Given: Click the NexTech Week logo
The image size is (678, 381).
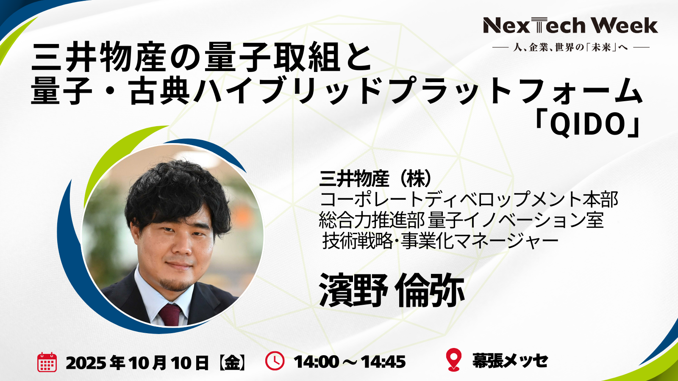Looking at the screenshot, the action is coord(570,25).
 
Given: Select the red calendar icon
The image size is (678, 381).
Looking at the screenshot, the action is coord(47,362).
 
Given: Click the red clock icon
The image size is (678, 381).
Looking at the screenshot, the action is coord(275,361).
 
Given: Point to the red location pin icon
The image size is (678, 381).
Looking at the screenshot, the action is coord(454,359).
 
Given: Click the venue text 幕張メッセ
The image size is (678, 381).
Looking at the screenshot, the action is coord(510,361).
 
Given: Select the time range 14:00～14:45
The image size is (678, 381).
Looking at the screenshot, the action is coord(350,362).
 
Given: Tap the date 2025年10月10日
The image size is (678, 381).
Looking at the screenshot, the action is coord(137,362).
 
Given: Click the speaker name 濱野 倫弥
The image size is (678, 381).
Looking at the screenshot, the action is coord(392,290).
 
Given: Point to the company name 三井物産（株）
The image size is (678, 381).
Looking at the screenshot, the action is coord(375,179).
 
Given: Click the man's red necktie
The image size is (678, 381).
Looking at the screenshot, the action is coord(170,315).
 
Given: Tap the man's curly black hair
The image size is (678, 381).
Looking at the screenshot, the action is coord(177,193).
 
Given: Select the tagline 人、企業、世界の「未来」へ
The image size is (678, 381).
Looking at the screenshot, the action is coord(571,47).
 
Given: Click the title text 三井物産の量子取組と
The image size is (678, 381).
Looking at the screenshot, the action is coord(201,58).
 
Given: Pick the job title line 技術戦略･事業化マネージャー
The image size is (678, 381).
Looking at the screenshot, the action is coord(440,242).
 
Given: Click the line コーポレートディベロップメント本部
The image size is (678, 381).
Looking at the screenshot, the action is coord(469,200).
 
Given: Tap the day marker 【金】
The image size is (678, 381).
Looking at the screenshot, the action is coord(232,362).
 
